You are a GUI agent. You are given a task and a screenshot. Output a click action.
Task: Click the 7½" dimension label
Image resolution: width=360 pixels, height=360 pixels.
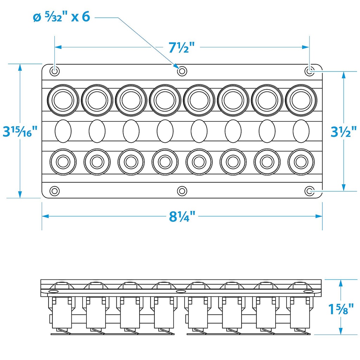tap(181, 47)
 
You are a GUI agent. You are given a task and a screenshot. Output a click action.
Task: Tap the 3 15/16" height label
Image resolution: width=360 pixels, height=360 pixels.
tap(20, 131)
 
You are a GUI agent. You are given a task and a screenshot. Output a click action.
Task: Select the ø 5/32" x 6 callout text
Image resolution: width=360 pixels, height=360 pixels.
tap(61, 17)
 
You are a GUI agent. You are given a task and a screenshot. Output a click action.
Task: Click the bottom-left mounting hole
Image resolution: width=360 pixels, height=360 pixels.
tap(54, 191)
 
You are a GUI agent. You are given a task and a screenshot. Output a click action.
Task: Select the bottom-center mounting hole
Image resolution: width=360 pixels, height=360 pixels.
tap(181, 191)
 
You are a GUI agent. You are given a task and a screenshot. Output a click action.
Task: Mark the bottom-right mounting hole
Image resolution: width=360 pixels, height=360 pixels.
tap(309, 191)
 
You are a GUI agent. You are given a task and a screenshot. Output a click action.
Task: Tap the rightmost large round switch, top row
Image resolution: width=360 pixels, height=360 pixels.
tap(301, 100)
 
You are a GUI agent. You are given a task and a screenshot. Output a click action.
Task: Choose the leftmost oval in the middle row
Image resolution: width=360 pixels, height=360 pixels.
tap(63, 131)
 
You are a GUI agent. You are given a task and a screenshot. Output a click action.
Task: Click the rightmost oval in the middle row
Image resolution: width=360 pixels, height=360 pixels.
tap(301, 131)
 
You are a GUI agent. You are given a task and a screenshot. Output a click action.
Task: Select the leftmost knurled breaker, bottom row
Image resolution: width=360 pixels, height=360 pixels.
tap(63, 162)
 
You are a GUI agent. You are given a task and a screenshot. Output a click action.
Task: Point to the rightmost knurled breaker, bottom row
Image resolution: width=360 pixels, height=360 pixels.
tap(301, 162)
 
